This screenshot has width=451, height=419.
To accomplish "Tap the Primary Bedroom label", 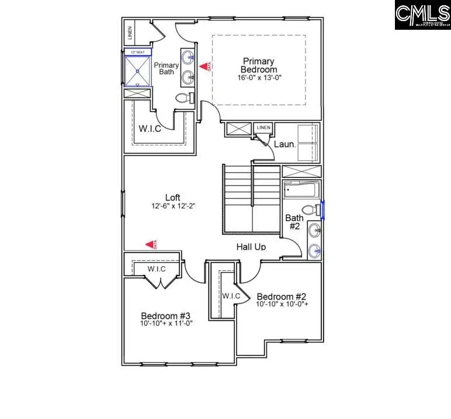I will [259, 65].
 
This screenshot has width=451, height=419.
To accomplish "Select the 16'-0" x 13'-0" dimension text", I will [259, 78].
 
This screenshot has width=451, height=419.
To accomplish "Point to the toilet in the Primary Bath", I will [183, 98].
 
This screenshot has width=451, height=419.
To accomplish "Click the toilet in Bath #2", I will [308, 210].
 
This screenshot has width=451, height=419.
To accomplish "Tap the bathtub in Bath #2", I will [301, 191].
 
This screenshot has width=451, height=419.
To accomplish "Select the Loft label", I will [172, 197].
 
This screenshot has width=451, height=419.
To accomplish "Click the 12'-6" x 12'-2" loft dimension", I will [172, 206].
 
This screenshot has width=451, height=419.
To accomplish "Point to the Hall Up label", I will [251, 247].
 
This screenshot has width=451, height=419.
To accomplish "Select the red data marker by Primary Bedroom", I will [204, 67].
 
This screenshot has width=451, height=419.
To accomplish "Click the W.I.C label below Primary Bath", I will [150, 128].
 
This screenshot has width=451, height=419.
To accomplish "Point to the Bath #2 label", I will [293, 222].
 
